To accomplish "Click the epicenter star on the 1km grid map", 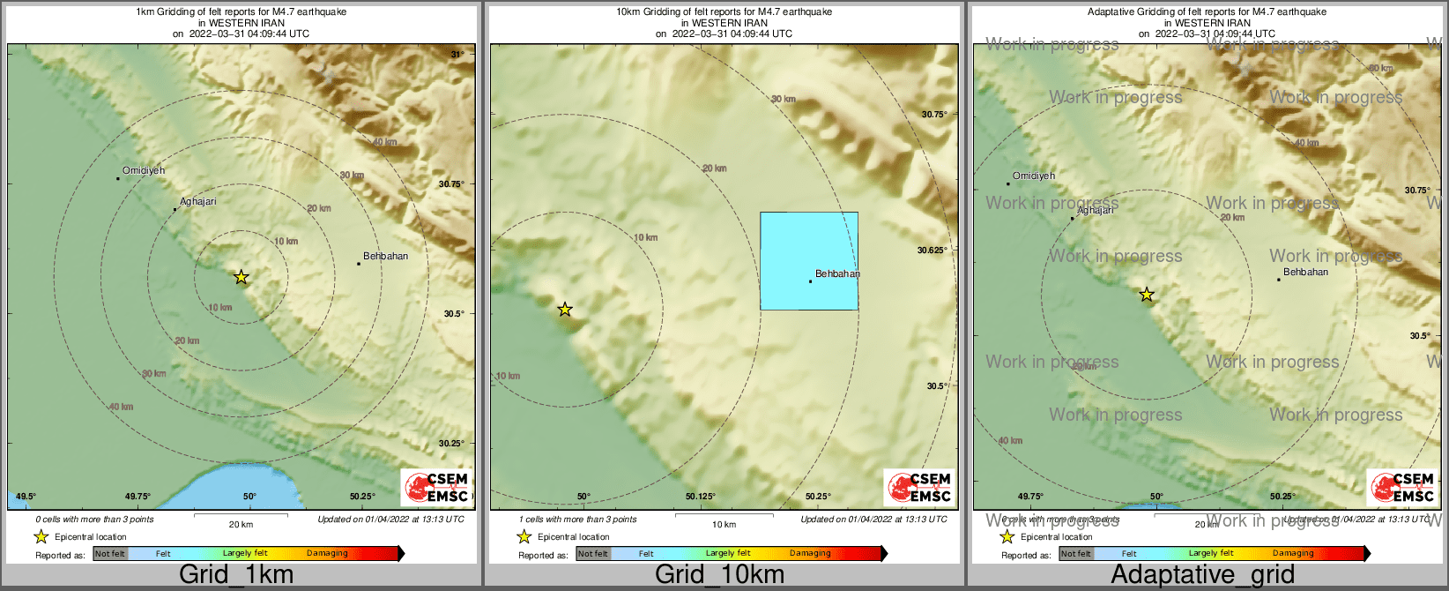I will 241,278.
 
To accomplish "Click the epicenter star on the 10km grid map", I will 565,310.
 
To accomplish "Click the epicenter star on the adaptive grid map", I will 1146,295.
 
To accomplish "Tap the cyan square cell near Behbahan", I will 809,260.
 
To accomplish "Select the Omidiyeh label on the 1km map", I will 144,170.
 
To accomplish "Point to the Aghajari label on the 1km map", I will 198,202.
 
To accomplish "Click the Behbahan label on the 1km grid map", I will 385,257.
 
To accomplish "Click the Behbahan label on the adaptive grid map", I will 1305,273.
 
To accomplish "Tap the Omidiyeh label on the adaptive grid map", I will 1034,176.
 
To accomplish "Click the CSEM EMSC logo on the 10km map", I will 919,487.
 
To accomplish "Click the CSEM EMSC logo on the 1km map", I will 436,487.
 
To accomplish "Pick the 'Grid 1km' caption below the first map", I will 236,574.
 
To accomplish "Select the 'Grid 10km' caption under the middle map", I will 719,574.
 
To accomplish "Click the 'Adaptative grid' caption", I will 1202,574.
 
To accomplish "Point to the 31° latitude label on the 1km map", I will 457,55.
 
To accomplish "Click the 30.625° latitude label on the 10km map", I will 933,251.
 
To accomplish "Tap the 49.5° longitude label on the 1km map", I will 27,497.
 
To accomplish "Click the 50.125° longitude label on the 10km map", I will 701,497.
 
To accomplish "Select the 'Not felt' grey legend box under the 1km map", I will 110,554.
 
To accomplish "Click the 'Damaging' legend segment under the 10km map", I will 810,554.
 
